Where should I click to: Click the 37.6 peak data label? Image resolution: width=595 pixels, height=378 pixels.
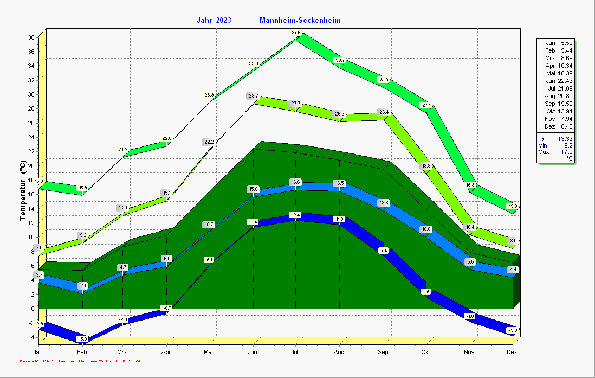point(296,33)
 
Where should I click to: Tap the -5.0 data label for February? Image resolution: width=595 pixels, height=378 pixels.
point(82,339)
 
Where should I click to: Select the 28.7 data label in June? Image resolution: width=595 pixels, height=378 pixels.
point(253,96)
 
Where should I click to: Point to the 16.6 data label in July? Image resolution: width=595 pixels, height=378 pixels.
point(296,183)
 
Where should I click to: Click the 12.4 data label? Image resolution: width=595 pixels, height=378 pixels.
point(296,215)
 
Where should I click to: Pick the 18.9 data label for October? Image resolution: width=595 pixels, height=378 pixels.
point(426,166)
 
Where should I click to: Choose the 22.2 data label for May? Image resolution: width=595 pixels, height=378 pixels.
point(209,142)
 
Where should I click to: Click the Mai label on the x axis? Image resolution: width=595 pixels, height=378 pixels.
point(209,352)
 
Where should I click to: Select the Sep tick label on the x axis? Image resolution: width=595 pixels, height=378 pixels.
point(383,352)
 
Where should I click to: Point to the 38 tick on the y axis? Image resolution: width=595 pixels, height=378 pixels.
point(31,37)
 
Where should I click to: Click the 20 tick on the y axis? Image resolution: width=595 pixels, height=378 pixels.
point(31,165)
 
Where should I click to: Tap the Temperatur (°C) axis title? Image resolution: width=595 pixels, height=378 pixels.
point(23,190)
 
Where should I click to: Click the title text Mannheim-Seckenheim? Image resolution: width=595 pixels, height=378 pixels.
point(300,21)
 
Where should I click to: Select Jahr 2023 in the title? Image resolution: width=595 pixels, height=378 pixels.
point(214,21)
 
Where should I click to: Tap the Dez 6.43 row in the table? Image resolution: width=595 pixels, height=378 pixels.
point(559,126)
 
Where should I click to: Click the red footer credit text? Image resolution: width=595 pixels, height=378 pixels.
point(79,361)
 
